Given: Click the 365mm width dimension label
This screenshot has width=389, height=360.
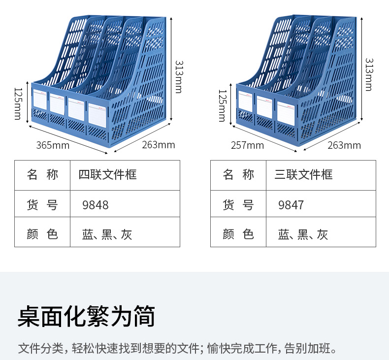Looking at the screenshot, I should coord(53,145).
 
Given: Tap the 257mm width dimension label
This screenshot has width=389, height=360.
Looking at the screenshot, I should coord(247,145).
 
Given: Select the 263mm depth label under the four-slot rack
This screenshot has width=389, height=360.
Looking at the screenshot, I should coord(159,145).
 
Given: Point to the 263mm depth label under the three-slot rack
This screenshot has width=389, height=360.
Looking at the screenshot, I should coord(344,145).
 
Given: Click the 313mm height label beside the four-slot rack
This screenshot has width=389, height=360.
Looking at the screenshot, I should coord(178,76).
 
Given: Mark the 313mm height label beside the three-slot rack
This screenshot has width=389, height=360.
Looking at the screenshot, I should coord(368,74).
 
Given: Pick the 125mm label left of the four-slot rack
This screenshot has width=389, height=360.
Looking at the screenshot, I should coord(18,103).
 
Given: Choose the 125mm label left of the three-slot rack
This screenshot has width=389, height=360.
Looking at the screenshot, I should coord(222,105).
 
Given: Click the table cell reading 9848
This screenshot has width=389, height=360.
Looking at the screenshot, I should coord(96,204).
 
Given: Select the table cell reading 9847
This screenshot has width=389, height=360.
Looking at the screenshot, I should coord(291,204).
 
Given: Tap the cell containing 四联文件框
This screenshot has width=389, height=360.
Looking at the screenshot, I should coord(107,174).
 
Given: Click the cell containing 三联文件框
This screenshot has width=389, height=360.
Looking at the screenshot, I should coord(303,174).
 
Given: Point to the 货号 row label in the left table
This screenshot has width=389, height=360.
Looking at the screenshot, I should coord(42,204).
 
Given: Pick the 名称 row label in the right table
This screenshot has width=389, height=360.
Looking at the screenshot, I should coord(238,174).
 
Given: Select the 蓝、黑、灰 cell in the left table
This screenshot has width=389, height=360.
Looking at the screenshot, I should coord(107,234).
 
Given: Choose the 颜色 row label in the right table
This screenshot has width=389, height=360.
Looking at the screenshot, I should coord(238,234).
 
